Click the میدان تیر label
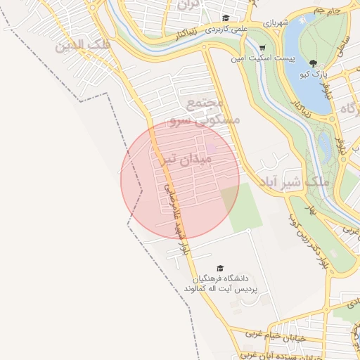(186, 160)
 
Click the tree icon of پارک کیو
(314, 64)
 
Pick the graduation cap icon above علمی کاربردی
(226, 18)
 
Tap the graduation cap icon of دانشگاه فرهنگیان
(220, 268)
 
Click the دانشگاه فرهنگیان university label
(220, 279)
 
